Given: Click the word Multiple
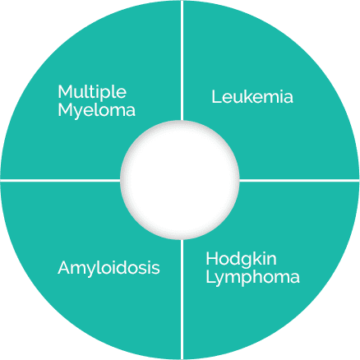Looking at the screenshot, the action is [92, 93].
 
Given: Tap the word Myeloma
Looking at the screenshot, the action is [96, 111].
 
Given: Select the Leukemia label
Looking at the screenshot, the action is [252, 97].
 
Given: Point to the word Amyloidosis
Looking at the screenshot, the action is [108, 269].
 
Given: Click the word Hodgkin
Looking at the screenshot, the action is [241, 260].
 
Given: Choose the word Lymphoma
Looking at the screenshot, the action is [252, 278].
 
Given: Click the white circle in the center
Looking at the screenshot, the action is [180, 180].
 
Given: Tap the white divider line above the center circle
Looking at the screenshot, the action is [182, 60].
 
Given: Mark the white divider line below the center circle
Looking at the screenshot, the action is [182, 299].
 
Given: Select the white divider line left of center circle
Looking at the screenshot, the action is [60, 181].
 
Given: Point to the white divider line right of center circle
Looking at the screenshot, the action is [299, 181].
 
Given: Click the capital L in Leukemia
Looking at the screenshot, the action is [216, 97].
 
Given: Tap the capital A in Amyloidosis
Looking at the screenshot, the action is [64, 267].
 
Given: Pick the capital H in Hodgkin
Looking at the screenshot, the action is [211, 259].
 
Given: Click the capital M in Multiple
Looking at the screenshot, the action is [65, 91].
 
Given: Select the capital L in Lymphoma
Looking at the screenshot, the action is [210, 277].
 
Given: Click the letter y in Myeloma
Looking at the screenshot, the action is [78, 114].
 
